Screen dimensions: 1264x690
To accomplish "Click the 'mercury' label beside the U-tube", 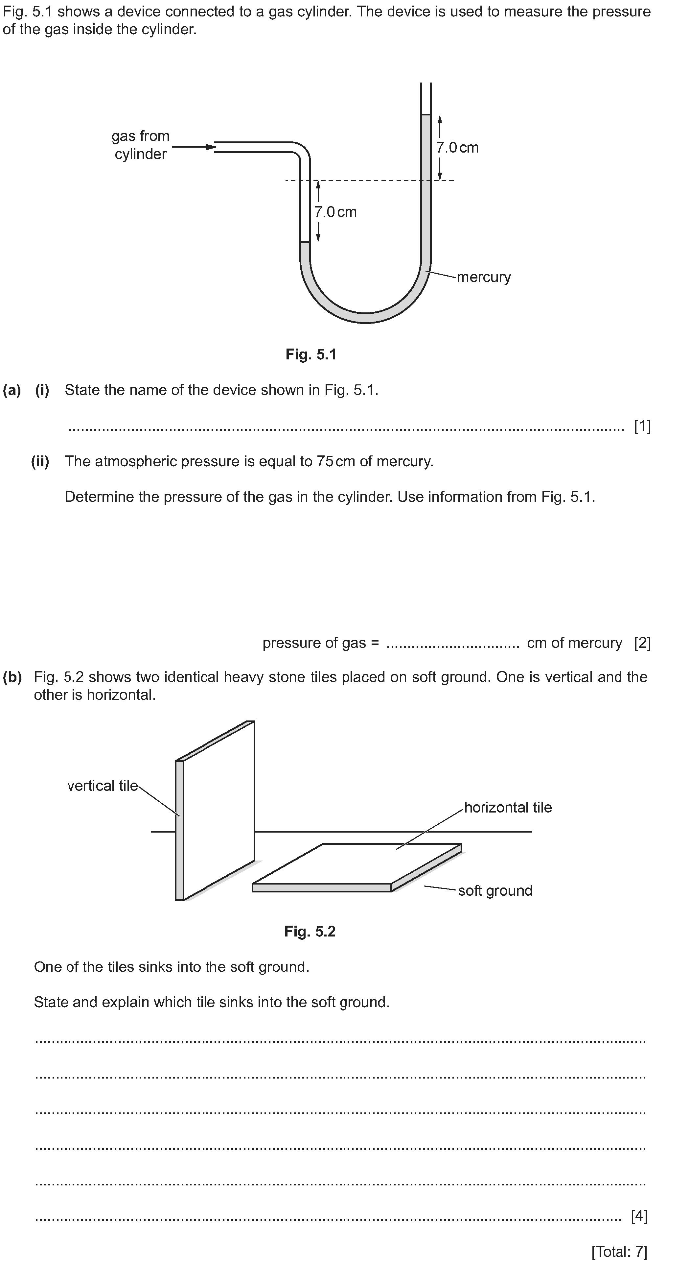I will (484, 277).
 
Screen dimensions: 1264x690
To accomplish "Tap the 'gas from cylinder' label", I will (140, 145).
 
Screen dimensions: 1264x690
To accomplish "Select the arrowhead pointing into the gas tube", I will (211, 147).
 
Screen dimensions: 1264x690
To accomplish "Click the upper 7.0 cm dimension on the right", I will (457, 148).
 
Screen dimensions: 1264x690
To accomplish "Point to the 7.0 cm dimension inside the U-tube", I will (335, 212).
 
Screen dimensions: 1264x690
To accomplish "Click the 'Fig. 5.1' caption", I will (311, 354).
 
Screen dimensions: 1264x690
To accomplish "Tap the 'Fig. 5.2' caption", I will (310, 931).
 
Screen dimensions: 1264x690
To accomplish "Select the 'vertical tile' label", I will (103, 786).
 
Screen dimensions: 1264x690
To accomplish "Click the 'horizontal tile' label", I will (508, 807).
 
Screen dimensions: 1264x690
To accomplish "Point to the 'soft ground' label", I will (495, 890).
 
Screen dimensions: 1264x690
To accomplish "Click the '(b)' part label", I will (12, 677).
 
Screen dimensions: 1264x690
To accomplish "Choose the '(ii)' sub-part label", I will (40, 461).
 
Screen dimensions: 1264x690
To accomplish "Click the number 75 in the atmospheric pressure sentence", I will (325, 461).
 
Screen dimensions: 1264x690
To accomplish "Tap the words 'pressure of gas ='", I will (321, 643).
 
